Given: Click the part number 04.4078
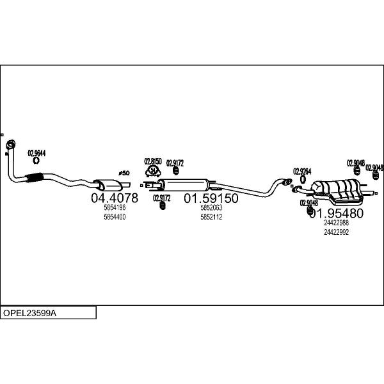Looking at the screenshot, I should point(115,198).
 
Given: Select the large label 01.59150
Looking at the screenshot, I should point(211,198).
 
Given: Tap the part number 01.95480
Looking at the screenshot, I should point(337,213).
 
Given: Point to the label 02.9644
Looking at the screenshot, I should point(36,153).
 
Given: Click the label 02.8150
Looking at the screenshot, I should point(153,161).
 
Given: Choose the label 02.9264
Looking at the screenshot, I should point(302,172).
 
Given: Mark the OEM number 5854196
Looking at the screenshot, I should point(115,208).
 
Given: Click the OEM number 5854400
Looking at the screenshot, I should point(115,217).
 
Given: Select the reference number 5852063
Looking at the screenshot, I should point(211,208).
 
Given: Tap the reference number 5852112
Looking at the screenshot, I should point(211,217).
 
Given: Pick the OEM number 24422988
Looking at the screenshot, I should point(337,223).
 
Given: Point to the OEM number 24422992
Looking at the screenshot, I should point(337,232).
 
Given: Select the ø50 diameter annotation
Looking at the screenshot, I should point(124,173).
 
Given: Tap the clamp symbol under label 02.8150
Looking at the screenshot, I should point(153,171).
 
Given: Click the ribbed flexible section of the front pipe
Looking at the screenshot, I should point(33,179).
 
